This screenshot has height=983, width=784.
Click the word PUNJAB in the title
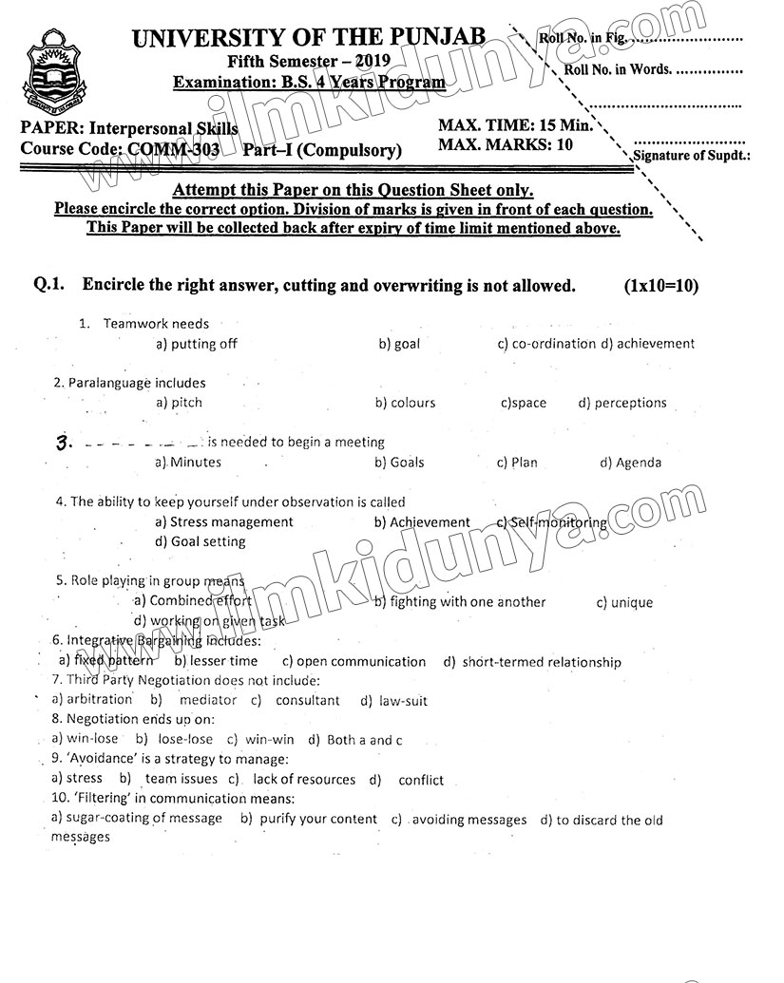[x=436, y=38]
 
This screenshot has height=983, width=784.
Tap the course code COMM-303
[x=167, y=149]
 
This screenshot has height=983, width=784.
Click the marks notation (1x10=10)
[x=661, y=285]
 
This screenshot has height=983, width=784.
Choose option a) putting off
[x=197, y=344]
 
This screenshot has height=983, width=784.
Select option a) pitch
[x=179, y=403]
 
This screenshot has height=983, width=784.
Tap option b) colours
[x=406, y=403]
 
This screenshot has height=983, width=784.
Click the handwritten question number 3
[x=64, y=444]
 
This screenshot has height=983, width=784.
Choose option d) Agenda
[x=630, y=463]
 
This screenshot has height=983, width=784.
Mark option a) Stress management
[x=224, y=521]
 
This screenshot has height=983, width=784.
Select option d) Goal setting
[x=200, y=541]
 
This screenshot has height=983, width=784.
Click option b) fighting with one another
[x=460, y=601]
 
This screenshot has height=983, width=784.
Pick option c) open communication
[x=354, y=661]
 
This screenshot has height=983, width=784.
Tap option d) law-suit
[x=393, y=701]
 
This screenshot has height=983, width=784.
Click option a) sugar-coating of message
[x=137, y=818]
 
